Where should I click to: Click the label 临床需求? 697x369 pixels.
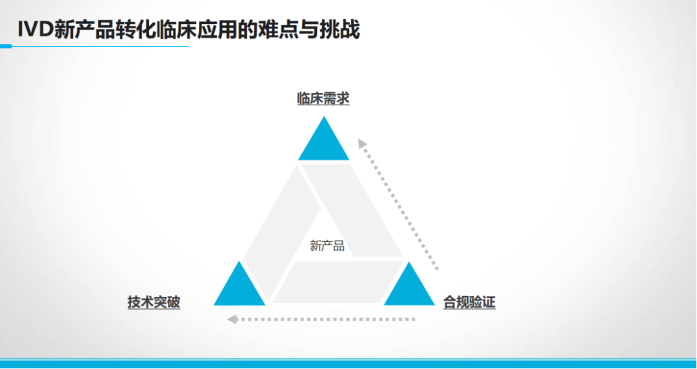(x=323, y=99)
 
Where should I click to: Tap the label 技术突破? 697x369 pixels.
(x=154, y=303)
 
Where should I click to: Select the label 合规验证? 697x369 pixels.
(x=469, y=303)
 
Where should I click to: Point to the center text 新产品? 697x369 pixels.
(x=327, y=246)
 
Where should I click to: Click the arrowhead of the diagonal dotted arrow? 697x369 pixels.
(x=362, y=143)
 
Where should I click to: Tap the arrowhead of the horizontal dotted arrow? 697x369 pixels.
(x=232, y=319)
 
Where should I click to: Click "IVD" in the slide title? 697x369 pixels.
(x=35, y=30)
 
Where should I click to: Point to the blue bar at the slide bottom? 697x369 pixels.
(x=348, y=364)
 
